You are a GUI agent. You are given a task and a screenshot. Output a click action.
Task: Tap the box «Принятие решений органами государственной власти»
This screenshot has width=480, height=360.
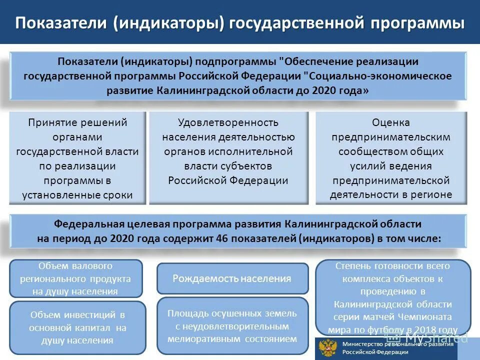click(x=77, y=158)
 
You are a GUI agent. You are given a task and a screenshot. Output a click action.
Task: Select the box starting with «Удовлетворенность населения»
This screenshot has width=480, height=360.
click(x=228, y=158)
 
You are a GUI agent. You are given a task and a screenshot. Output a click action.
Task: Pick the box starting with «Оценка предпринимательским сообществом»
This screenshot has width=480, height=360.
click(x=391, y=158)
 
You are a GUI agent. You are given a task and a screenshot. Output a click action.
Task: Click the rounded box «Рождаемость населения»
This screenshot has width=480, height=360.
click(x=232, y=278)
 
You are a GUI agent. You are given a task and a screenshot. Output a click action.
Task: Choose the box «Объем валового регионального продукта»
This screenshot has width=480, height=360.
click(x=76, y=278)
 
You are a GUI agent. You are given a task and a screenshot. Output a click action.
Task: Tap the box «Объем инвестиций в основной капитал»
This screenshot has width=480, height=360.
click(x=77, y=327)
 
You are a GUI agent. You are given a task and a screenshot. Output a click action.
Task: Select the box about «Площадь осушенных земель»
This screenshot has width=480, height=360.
click(x=232, y=326)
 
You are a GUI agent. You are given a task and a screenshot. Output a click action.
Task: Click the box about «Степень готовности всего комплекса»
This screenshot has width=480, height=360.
click(x=393, y=297)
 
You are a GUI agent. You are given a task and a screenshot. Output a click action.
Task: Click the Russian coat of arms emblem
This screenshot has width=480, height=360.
click(x=328, y=348)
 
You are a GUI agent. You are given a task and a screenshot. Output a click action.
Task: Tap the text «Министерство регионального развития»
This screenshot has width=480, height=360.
click(x=397, y=344)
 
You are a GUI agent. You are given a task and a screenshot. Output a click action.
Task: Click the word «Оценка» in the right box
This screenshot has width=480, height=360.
click(x=391, y=122)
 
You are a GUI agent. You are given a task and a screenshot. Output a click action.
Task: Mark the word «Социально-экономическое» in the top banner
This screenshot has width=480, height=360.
click(x=380, y=76)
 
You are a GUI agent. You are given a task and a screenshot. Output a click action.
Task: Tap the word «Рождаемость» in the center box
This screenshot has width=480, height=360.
click(x=205, y=278)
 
